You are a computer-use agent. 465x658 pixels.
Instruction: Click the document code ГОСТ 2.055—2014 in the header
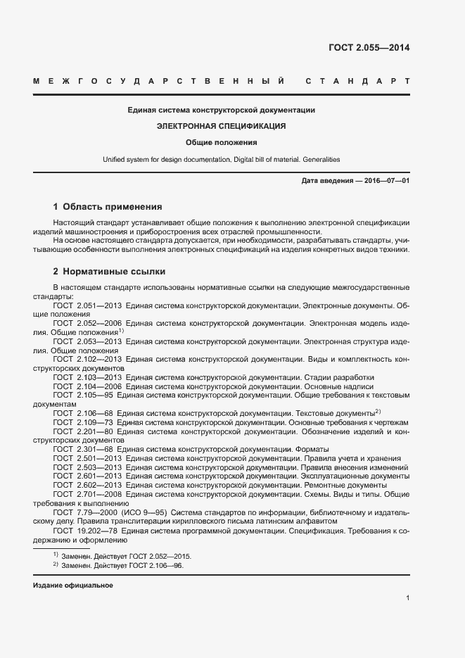pyautogui.click(x=369, y=49)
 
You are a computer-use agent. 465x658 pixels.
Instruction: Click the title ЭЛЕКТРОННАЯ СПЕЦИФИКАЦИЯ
pyautogui.click(x=221, y=126)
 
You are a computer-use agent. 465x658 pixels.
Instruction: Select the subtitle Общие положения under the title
pyautogui.click(x=222, y=142)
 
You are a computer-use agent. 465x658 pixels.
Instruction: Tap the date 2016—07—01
pyautogui.click(x=386, y=181)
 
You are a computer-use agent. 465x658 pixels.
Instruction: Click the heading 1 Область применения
pyautogui.click(x=108, y=207)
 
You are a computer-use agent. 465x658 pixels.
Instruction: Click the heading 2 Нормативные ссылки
pyautogui.click(x=109, y=272)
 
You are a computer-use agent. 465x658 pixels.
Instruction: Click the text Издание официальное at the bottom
pyautogui.click(x=73, y=586)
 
